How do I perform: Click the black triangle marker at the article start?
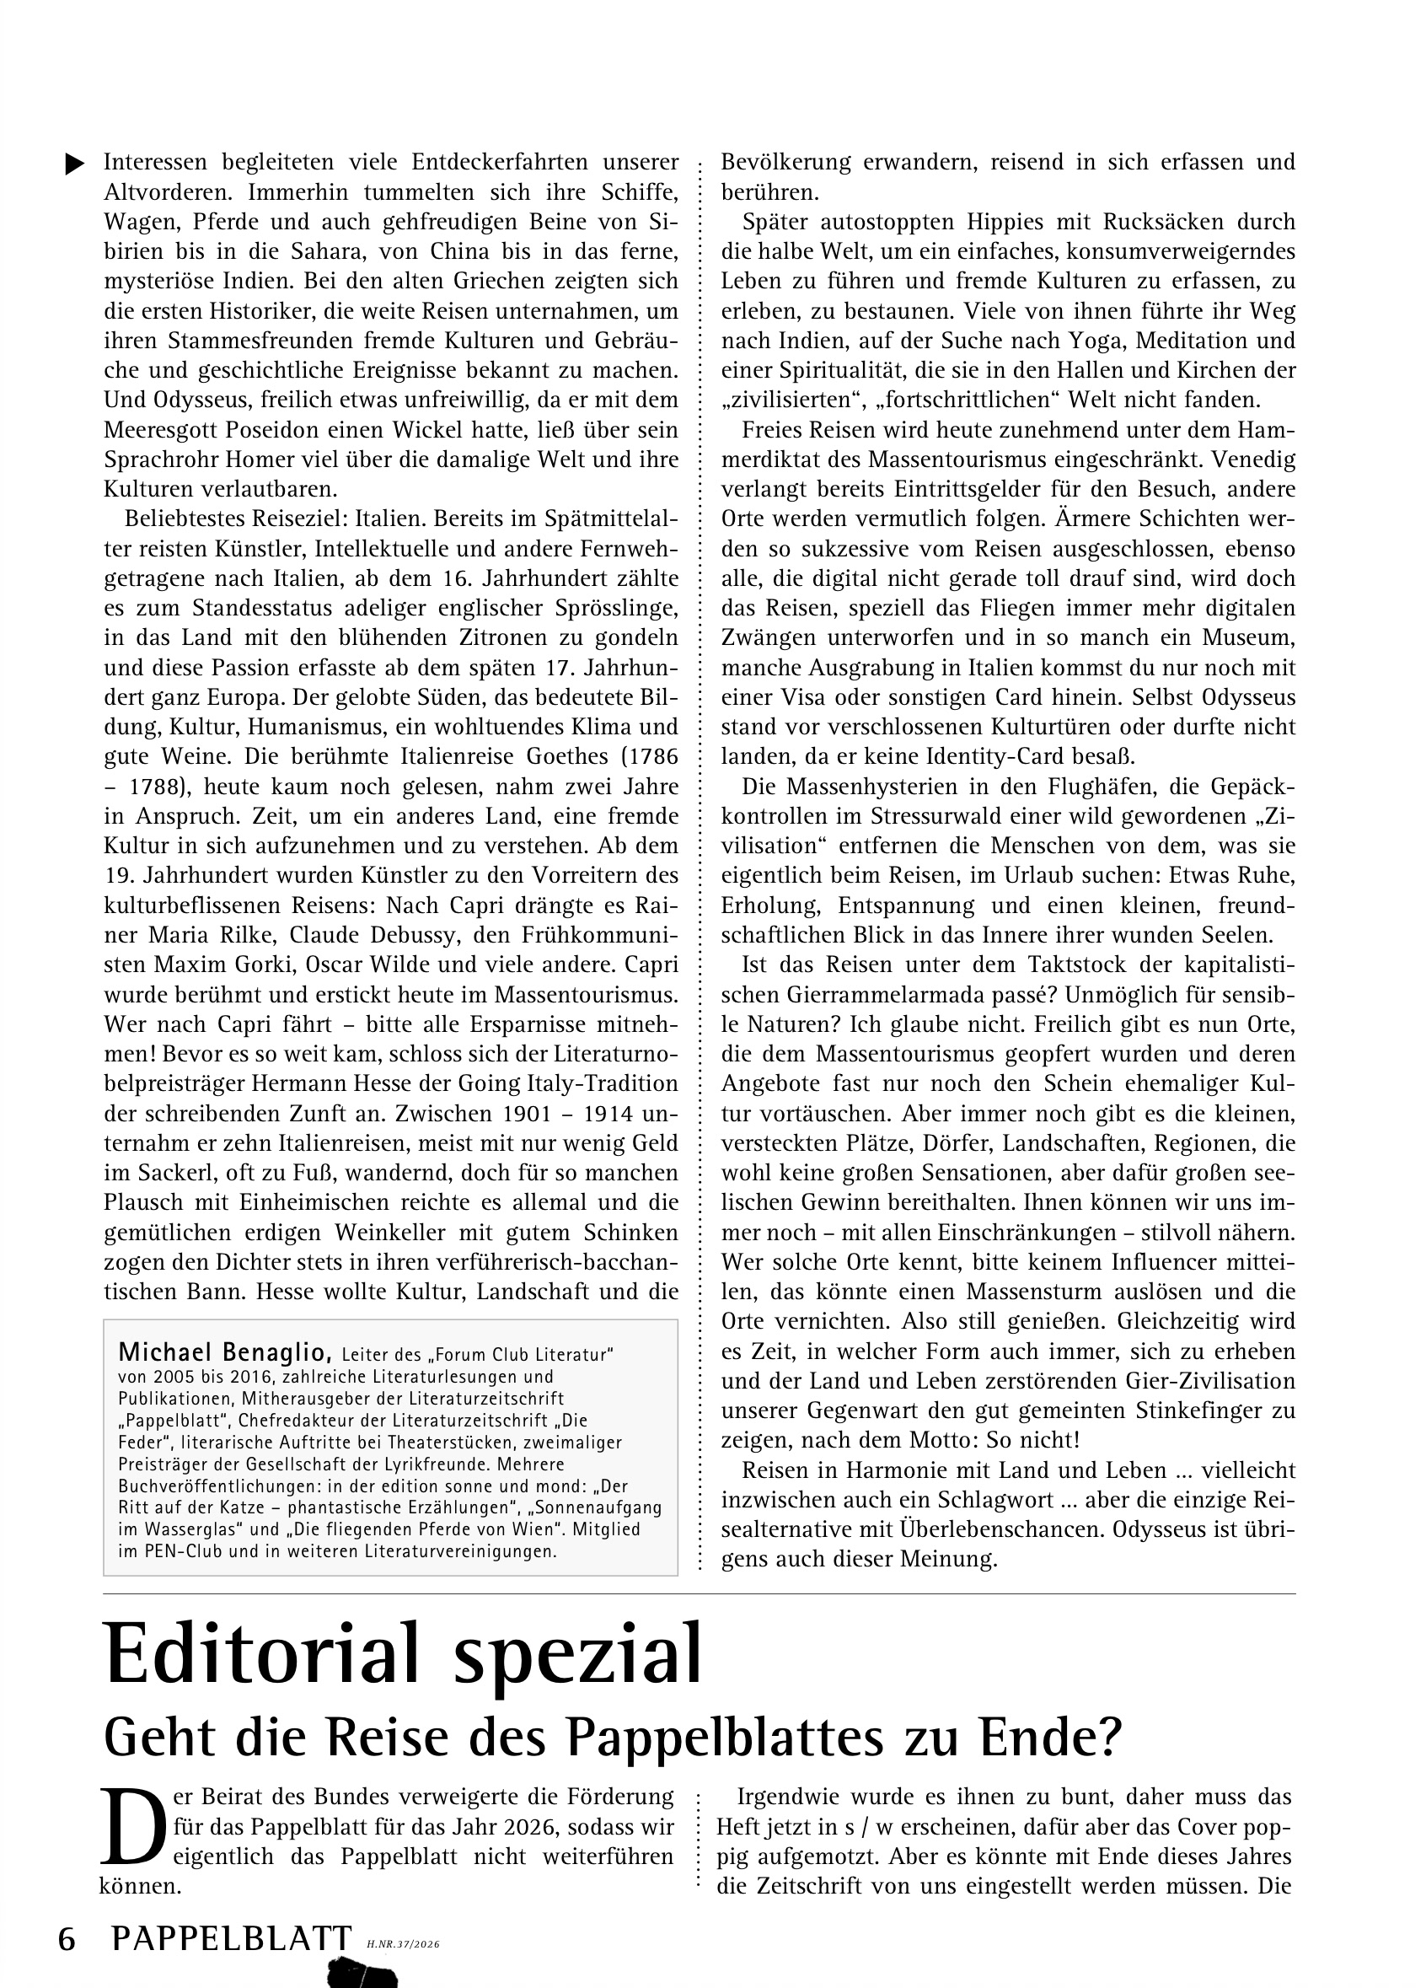(x=75, y=164)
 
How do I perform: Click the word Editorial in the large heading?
(x=262, y=1657)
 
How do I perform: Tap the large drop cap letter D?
(x=132, y=1825)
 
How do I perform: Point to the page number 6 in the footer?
(x=67, y=1939)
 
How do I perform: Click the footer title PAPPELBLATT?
(x=232, y=1939)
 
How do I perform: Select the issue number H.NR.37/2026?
(x=403, y=1944)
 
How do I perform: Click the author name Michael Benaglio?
(x=224, y=1351)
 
